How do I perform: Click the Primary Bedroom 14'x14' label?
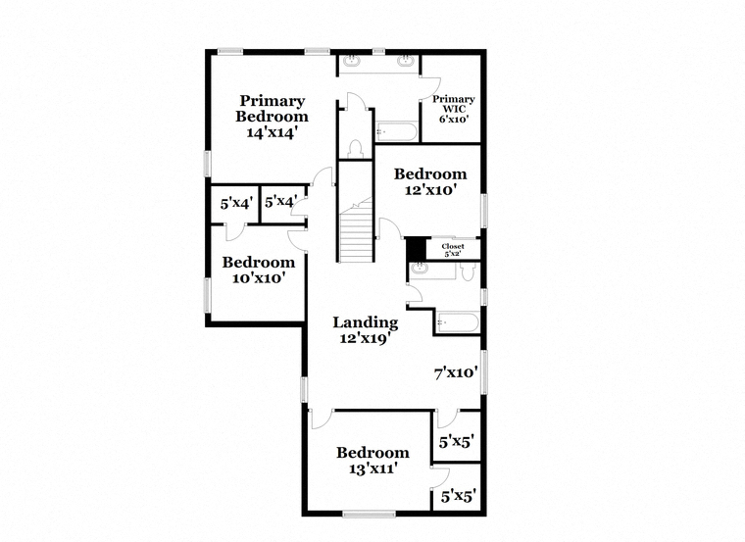point(272,116)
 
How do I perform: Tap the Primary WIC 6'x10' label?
point(454,109)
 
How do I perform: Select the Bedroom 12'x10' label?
point(430,182)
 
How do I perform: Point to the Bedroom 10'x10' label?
point(258,270)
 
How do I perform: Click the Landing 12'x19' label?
point(365,330)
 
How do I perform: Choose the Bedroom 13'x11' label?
point(372,461)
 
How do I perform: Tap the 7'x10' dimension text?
point(456,372)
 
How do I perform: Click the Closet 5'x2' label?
point(453,250)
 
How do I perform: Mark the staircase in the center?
point(357,230)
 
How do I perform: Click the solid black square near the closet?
point(416,249)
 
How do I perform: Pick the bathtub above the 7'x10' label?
point(457,321)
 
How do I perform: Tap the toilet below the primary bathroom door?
point(356,148)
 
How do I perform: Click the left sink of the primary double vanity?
point(352,61)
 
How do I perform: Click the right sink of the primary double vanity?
point(404,61)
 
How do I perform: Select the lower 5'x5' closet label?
point(458,497)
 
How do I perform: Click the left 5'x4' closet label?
point(236,204)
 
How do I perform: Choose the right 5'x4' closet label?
point(280,202)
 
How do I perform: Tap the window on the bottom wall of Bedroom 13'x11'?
point(369,514)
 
